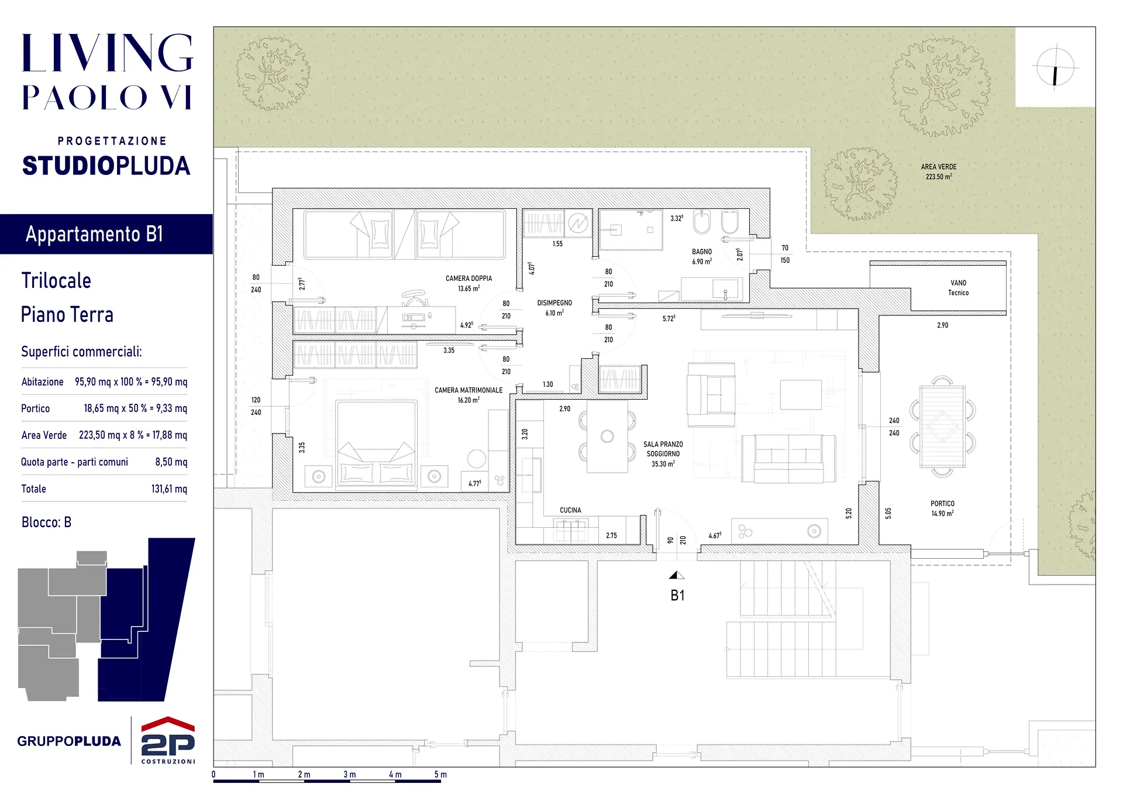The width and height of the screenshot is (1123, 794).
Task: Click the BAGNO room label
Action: click(702, 252)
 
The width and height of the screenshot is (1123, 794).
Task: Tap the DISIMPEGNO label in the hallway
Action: click(554, 303)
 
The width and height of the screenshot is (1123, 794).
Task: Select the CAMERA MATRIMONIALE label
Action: click(469, 390)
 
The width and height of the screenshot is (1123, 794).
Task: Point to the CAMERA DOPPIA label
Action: click(469, 279)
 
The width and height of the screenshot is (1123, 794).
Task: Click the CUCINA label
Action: click(570, 510)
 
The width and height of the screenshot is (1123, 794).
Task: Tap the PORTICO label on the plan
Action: click(942, 504)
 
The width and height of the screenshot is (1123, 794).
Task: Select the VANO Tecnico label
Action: click(958, 288)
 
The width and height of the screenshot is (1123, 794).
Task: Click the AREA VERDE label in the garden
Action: click(939, 167)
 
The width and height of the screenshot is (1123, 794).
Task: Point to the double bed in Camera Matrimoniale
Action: click(376, 444)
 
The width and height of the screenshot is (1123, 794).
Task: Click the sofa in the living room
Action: click(788, 458)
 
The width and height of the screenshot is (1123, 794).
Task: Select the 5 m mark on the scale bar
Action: click(440, 775)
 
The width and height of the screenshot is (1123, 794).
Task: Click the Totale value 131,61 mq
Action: click(169, 489)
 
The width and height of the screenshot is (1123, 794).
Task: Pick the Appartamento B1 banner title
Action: click(94, 234)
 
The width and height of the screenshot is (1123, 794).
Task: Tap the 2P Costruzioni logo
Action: click(168, 740)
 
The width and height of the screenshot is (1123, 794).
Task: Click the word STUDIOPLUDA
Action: click(106, 166)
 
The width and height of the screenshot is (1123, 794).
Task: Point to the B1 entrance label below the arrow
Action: click(677, 596)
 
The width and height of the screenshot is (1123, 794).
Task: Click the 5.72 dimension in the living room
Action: click(669, 318)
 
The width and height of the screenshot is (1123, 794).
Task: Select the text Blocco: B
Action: click(46, 523)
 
